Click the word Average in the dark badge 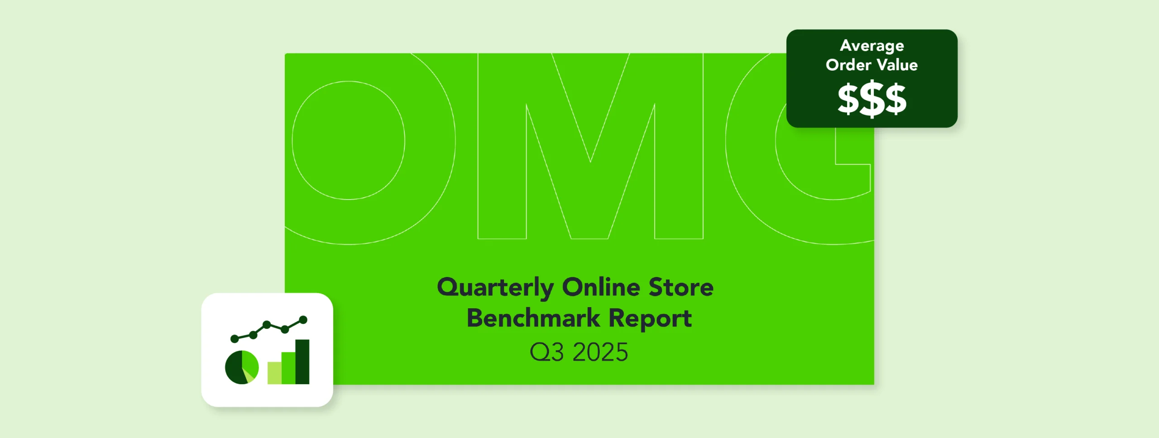[x=872, y=46]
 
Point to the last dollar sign [x=896, y=99]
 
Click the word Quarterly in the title [x=495, y=288]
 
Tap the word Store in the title [x=681, y=287]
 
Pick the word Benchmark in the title [x=533, y=318]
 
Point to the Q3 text [x=546, y=352]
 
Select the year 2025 [x=600, y=352]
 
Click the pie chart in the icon [x=242, y=367]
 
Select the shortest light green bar [x=274, y=373]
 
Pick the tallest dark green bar [x=302, y=362]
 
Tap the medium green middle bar [x=288, y=368]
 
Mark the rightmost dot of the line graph [x=303, y=320]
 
